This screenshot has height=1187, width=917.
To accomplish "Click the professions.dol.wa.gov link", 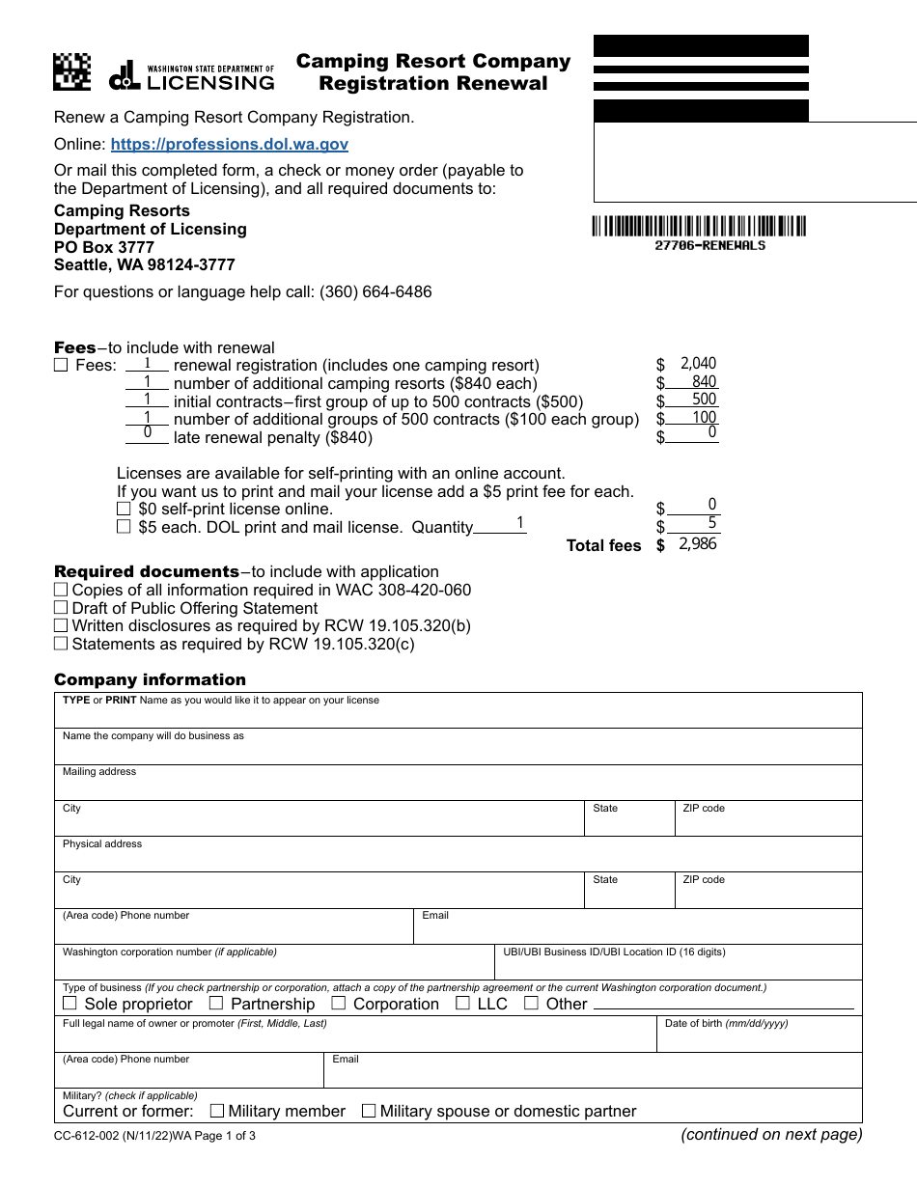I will click(x=229, y=145).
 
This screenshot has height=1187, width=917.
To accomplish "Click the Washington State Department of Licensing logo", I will click(x=192, y=76).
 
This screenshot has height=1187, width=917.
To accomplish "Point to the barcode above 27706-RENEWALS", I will click(x=699, y=227).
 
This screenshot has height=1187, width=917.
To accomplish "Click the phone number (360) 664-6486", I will click(x=375, y=291).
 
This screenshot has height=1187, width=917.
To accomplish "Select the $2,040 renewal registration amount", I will click(x=697, y=364).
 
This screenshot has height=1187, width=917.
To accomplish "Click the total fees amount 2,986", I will click(x=697, y=544).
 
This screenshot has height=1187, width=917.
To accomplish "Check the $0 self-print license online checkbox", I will click(x=124, y=509).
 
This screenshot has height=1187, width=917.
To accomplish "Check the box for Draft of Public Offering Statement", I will click(x=61, y=608).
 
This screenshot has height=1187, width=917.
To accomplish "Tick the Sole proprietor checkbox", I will click(x=70, y=1004).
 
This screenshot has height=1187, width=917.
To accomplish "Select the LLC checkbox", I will click(x=463, y=1004).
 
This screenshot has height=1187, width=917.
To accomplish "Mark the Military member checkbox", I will click(x=217, y=1111).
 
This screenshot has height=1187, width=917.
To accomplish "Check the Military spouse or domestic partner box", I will click(x=369, y=1111).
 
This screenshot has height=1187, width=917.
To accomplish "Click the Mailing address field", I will click(x=458, y=787).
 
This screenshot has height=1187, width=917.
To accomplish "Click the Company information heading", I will click(x=150, y=679).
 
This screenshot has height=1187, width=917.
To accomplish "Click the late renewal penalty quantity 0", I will click(x=148, y=434).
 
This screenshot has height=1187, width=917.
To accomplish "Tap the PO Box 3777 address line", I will click(x=104, y=247).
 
